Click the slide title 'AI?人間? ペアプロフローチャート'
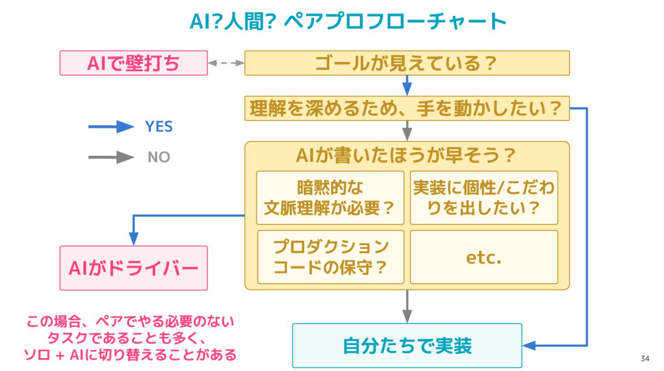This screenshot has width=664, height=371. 348,21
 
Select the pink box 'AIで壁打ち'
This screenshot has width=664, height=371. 134,63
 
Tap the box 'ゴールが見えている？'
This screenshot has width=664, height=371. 407,63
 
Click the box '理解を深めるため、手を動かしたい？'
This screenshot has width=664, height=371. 407,108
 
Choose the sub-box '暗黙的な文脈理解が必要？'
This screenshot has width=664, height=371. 330,198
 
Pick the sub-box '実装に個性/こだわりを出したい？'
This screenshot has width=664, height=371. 484,198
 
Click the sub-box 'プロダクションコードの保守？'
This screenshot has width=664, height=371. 331,257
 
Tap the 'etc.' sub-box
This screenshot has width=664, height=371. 484,257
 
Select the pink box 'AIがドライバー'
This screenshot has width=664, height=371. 134,268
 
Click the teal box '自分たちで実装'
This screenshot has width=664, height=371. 407,346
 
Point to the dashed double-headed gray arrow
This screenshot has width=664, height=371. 226,63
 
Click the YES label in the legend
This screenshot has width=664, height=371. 159,127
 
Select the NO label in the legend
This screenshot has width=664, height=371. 159,157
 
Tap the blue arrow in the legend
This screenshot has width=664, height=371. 111,127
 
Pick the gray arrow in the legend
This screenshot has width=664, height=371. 111,157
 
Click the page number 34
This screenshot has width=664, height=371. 645,359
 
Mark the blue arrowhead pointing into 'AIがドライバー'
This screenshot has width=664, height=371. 134,238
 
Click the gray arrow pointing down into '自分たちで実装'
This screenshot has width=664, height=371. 407,307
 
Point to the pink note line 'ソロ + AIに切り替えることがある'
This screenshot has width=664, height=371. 130,355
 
